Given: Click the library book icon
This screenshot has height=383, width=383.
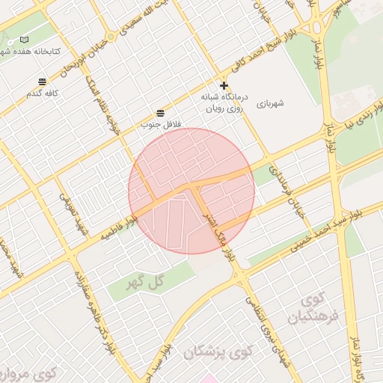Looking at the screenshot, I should (x=25, y=39).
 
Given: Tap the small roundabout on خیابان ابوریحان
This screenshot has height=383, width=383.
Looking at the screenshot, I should (x=111, y=35).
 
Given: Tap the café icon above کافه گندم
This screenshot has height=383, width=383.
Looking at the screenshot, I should (x=43, y=82).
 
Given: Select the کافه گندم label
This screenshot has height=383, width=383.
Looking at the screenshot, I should (x=42, y=94).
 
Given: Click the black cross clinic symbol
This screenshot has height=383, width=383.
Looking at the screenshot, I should (x=224, y=85).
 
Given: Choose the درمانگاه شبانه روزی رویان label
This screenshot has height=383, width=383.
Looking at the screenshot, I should (x=224, y=102).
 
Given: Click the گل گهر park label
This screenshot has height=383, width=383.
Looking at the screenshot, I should (x=145, y=282).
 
